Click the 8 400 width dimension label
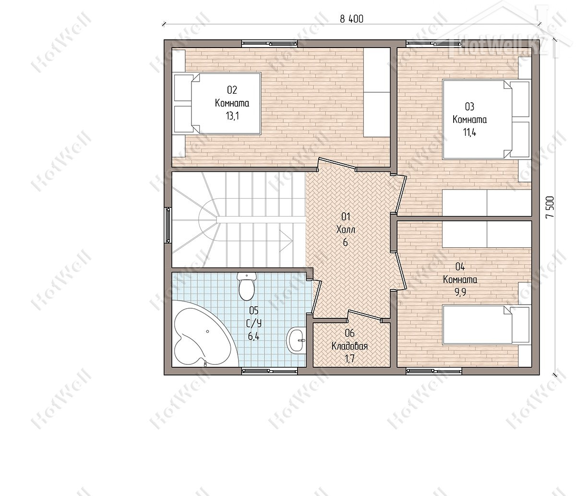click(351, 19)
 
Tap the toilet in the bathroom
click(247, 286)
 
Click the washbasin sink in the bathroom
click(296, 340)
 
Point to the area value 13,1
click(232, 116)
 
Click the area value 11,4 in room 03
click(469, 132)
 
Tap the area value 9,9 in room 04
click(460, 292)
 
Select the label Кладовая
click(349, 346)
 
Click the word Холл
click(346, 230)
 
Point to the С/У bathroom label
click(254, 324)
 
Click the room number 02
click(232, 90)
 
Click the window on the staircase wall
click(168, 225)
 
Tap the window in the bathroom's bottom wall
click(269, 371)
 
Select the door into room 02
click(337, 164)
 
